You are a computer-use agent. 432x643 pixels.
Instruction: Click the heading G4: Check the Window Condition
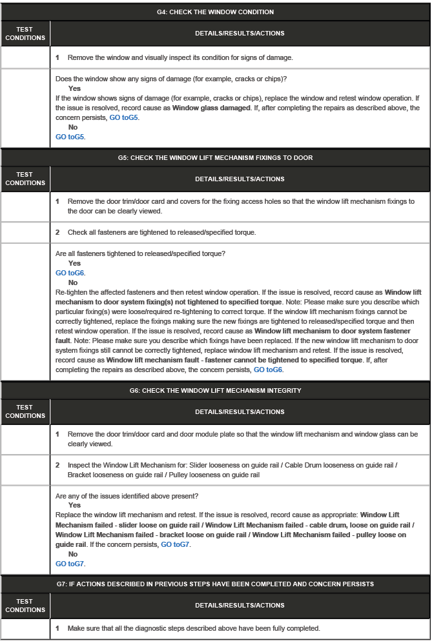[215, 12]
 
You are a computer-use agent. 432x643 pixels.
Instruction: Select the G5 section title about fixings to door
[215, 158]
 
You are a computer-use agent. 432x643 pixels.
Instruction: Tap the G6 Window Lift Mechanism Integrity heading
[215, 391]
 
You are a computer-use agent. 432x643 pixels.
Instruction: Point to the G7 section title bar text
[215, 584]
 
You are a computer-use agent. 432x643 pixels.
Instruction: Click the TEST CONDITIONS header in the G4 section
[25, 34]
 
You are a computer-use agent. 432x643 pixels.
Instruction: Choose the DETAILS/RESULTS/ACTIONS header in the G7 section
[240, 606]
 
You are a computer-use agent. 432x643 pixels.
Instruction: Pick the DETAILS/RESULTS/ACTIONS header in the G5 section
[240, 179]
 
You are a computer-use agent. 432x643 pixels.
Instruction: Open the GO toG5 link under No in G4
[70, 137]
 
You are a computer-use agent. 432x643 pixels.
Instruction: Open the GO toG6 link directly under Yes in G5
[70, 273]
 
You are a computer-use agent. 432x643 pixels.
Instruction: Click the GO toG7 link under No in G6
[70, 564]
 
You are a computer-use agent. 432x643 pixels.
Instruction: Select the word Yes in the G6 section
[74, 506]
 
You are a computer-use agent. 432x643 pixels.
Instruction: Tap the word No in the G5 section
[73, 283]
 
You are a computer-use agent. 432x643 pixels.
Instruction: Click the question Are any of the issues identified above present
[127, 496]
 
